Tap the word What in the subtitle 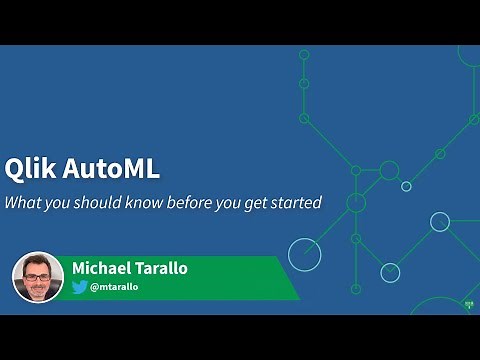22,202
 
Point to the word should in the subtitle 94,202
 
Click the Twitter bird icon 79,287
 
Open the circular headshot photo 38,277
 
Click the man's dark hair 37,260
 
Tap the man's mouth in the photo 38,288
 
